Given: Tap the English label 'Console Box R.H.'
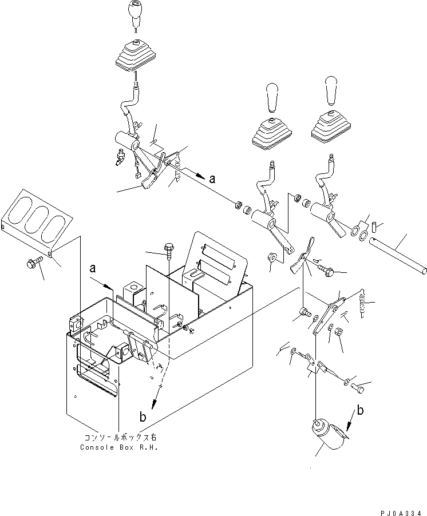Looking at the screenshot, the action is tap(119, 447).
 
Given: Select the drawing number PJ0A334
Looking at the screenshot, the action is tap(401, 513).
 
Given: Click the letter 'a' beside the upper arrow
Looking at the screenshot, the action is tap(213, 178).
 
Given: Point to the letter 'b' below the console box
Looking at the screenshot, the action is tap(143, 417).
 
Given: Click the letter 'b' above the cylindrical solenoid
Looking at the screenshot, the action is tap(361, 410).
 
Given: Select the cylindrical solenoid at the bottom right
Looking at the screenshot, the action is tap(327, 435).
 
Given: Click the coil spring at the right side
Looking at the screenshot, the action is tap(362, 303).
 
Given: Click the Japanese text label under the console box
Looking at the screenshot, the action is tap(121, 438).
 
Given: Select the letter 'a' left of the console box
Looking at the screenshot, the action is tap(93, 269).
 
